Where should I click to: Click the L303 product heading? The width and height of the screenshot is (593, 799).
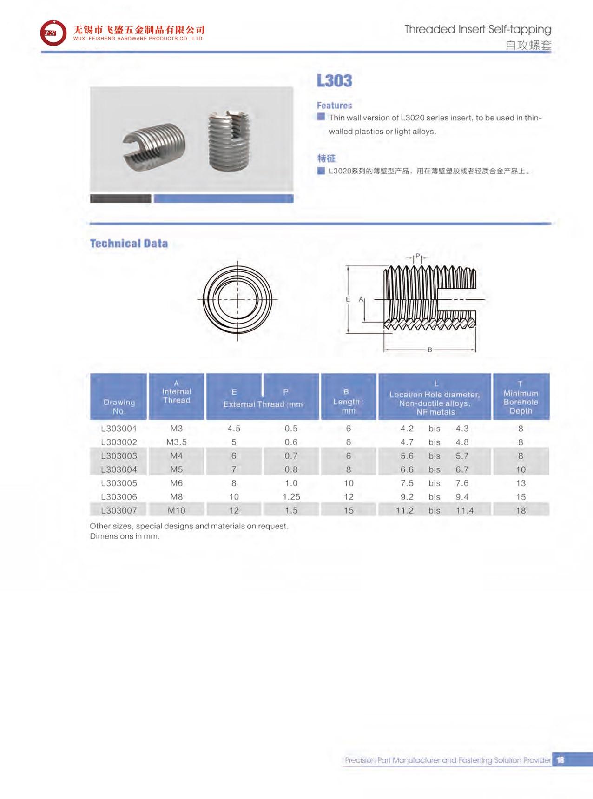click(334, 81)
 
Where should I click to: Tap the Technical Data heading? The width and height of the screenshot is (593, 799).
click(129, 244)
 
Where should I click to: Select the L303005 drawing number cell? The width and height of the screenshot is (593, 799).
click(119, 483)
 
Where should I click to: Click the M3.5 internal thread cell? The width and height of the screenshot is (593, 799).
click(177, 442)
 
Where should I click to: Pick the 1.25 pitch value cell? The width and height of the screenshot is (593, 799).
click(291, 496)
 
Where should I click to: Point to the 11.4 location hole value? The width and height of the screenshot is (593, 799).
click(464, 510)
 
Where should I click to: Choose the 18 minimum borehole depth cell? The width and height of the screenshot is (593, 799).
click(521, 510)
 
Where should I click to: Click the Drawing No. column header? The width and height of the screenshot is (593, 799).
click(119, 407)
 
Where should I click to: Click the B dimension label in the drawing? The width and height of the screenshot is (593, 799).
click(430, 350)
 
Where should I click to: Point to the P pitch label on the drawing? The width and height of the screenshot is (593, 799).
click(417, 256)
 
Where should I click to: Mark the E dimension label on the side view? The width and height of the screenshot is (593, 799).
click(348, 300)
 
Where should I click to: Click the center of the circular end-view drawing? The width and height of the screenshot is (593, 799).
click(237, 300)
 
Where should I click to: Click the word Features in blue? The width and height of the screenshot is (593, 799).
click(334, 106)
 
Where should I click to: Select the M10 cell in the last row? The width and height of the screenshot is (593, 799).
click(177, 510)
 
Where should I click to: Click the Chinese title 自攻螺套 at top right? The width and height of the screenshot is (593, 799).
click(528, 46)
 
